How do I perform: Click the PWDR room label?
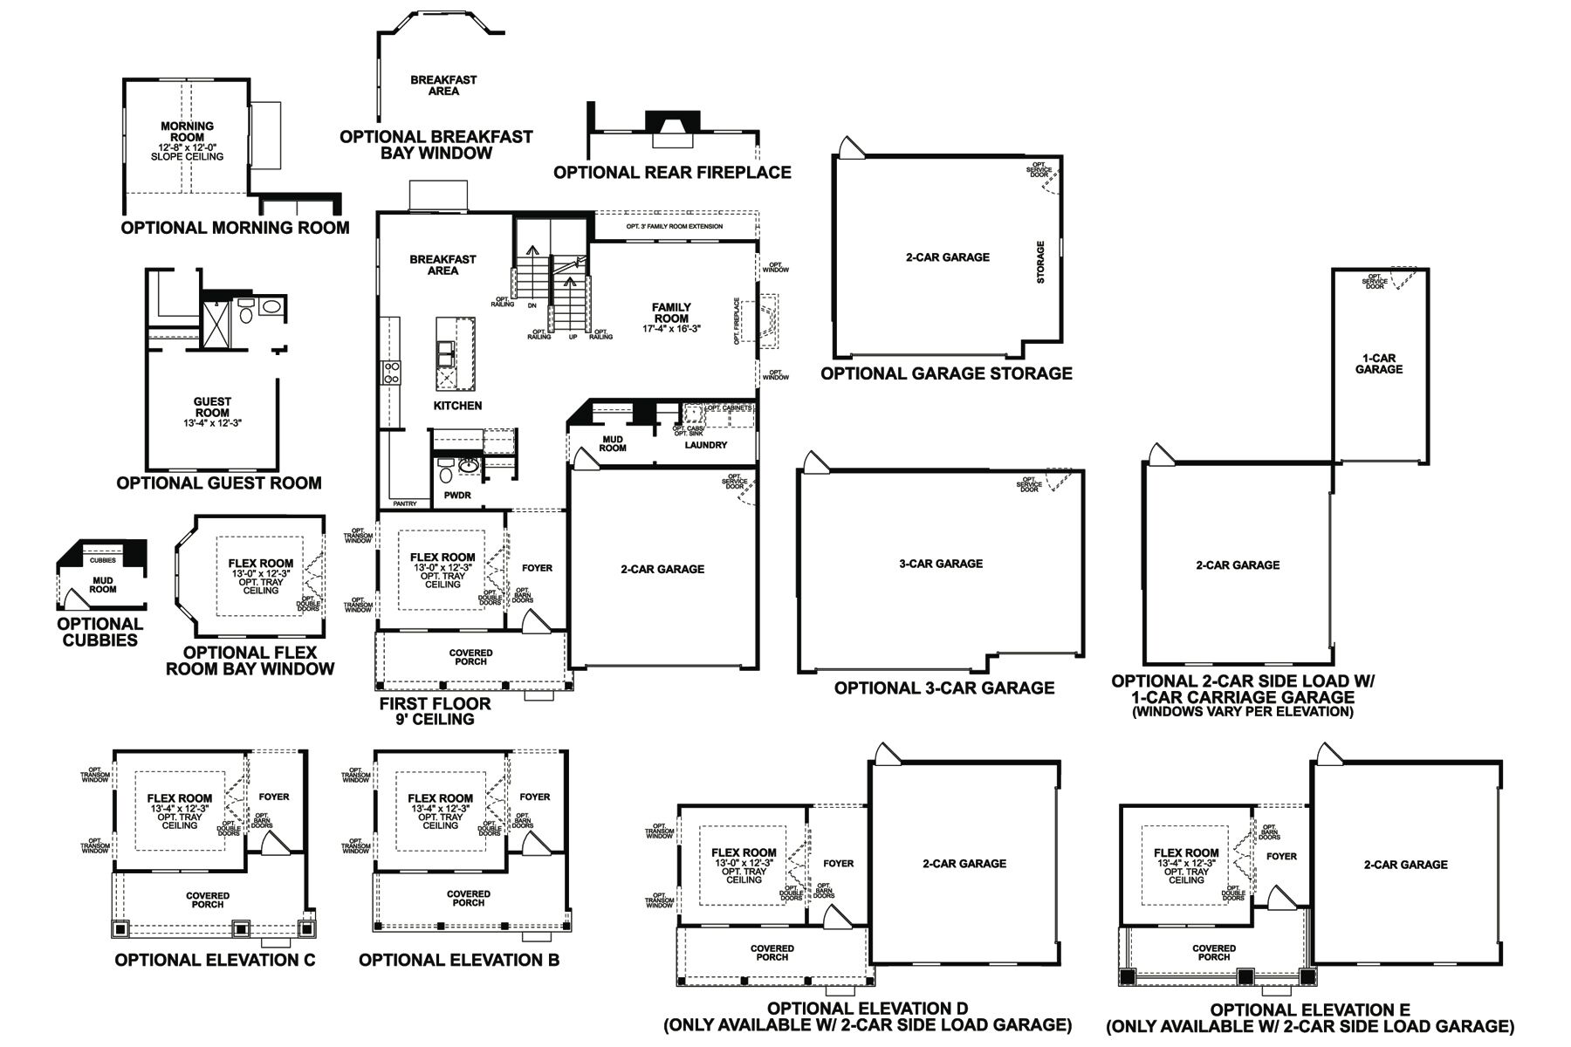coord(457,496)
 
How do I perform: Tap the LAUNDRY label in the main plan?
coord(705,445)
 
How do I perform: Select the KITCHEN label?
coord(457,406)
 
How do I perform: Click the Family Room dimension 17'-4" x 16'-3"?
coord(671,330)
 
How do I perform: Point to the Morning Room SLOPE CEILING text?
coord(187,157)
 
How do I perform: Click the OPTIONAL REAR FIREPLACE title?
coord(672,173)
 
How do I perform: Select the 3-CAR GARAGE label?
coord(940,564)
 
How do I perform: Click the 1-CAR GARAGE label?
coord(1378,364)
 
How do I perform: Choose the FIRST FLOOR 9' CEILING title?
coord(434,711)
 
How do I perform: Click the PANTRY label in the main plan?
coord(405,504)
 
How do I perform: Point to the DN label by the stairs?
coord(532,306)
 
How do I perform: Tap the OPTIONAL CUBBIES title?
coord(100,632)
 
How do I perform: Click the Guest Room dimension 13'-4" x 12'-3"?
coord(212,423)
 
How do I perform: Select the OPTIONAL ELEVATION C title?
coord(215,961)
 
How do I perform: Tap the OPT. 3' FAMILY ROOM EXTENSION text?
coord(674,227)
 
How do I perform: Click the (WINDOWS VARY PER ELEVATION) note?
coord(1242,712)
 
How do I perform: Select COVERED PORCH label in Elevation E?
coord(1213,953)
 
